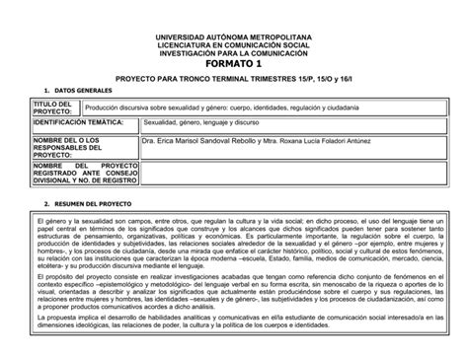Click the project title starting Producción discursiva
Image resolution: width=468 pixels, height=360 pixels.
[x=222, y=105]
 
